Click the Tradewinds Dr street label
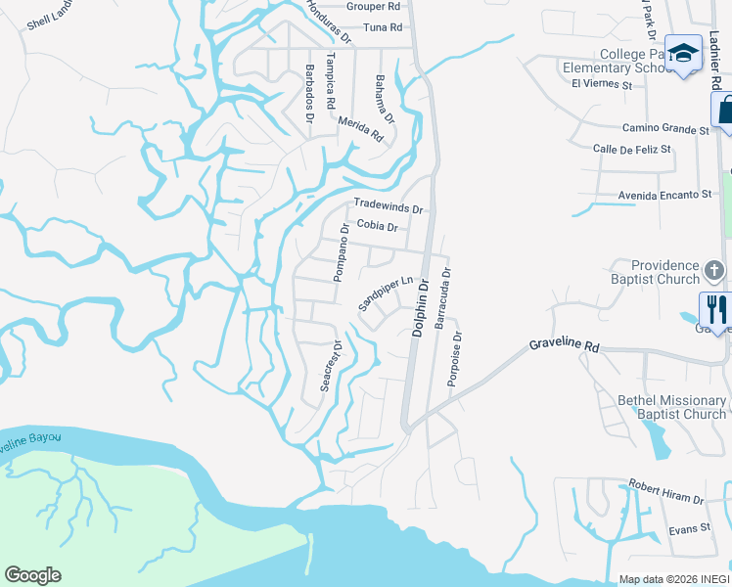point(388,208)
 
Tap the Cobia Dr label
point(377,226)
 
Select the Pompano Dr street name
point(341,253)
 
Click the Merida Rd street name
point(360,130)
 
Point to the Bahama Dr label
point(384,100)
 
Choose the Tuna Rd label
point(383,27)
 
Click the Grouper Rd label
point(381,6)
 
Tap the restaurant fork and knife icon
point(715,309)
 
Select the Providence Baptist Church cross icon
point(715,270)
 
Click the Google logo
point(32,575)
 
